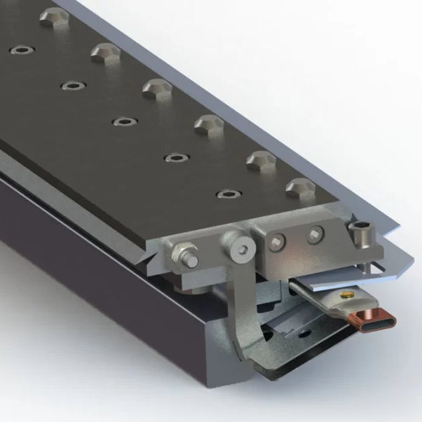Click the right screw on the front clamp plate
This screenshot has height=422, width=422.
(315, 234)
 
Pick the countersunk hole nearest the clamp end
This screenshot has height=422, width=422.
(227, 194)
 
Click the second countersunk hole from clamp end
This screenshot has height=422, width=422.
(175, 158)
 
